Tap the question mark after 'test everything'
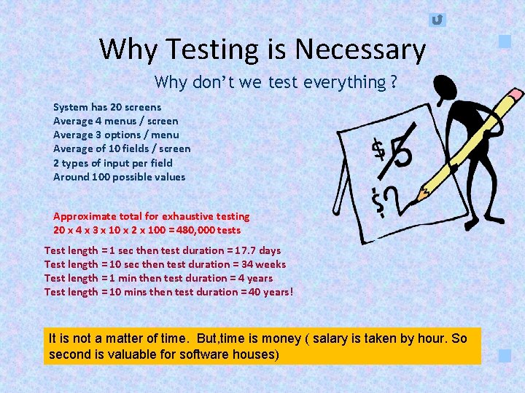pyautogui.click(x=394, y=82)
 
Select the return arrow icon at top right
pyautogui.click(x=437, y=20)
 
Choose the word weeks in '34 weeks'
pyautogui.click(x=270, y=264)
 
